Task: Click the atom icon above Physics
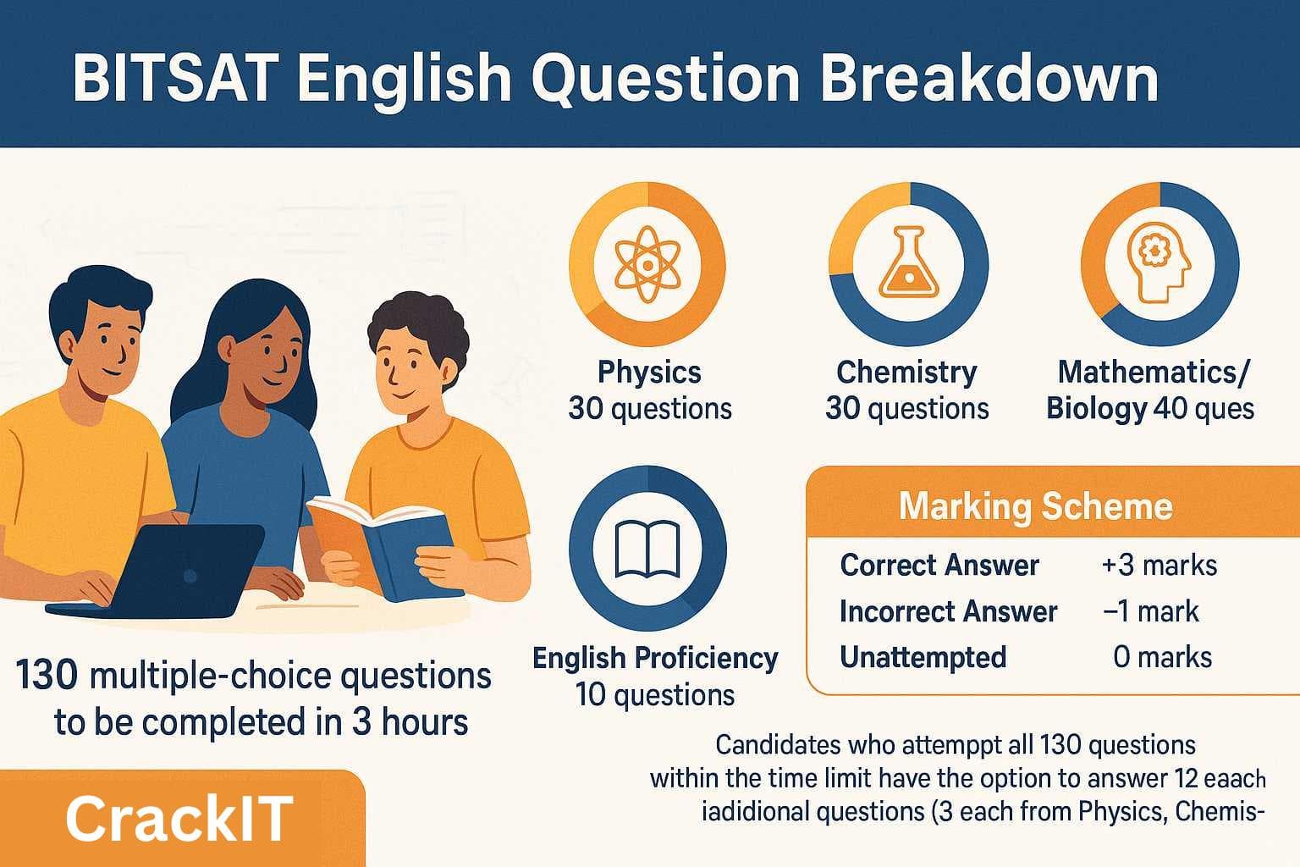pos(647,263)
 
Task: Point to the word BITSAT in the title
pos(173,79)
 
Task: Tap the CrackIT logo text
pos(179,819)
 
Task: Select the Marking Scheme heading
pos(1035,506)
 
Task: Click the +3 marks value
pos(1159,565)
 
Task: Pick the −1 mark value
pos(1151,611)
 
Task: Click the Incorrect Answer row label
pos(948,611)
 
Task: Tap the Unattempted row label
pos(923,657)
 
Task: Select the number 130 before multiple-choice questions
pos(47,676)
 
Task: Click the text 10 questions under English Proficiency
pos(655,695)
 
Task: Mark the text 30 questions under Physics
pos(650,408)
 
